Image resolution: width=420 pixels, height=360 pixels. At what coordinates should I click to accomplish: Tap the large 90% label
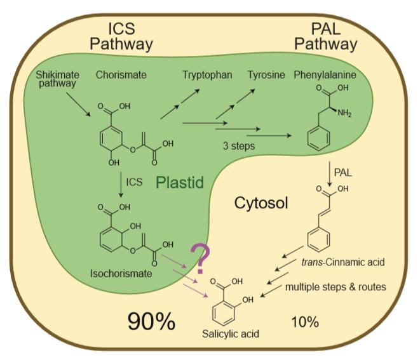pos(151,321)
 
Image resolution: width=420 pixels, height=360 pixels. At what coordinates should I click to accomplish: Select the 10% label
pos(304,322)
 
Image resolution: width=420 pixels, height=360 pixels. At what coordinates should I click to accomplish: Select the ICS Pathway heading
pos(121,37)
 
